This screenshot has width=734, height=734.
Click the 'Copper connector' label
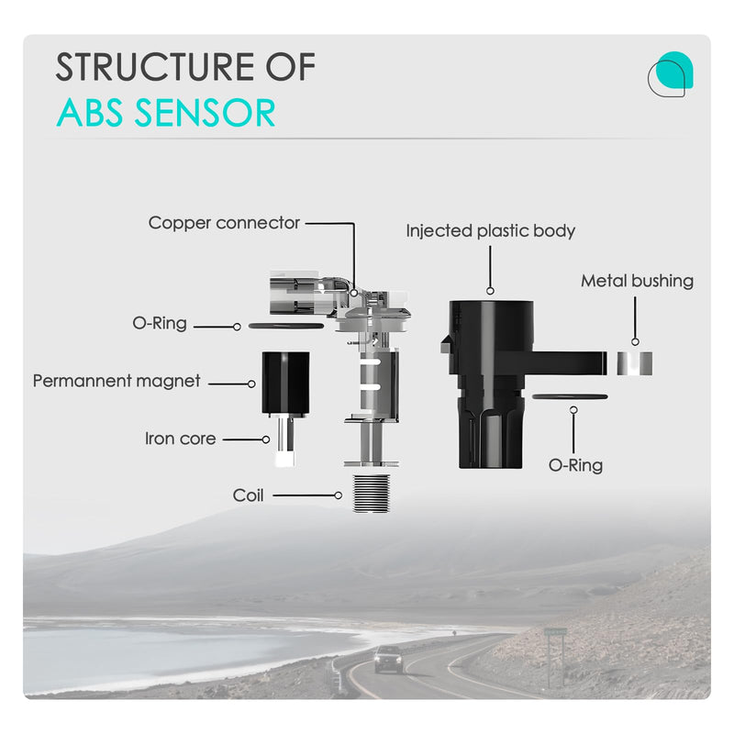click(224, 223)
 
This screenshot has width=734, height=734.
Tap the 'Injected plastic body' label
click(490, 231)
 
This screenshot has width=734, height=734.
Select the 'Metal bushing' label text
click(637, 281)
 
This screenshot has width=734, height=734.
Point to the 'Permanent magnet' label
click(117, 381)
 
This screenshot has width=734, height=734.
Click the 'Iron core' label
click(180, 439)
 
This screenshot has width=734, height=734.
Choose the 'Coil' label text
click(248, 495)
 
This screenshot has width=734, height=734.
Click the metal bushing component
click(634, 363)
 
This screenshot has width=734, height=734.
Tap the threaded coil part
click(372, 494)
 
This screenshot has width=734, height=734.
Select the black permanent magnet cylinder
click(285, 383)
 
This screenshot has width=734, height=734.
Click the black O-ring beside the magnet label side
click(285, 326)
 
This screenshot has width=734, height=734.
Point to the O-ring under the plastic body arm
click(570, 397)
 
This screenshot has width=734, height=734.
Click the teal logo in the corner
click(671, 74)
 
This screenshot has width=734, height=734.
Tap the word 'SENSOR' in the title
click(205, 113)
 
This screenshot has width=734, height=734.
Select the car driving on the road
click(388, 659)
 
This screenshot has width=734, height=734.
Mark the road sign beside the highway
click(555, 632)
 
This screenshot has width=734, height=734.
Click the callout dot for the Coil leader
click(338, 495)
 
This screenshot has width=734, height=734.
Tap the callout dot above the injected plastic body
click(490, 291)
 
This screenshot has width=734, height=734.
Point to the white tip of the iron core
click(285, 459)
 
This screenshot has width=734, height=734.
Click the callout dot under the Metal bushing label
click(635, 341)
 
